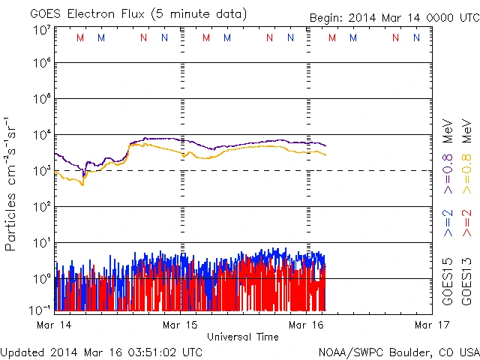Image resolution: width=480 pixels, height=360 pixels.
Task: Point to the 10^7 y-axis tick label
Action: (x=41, y=30)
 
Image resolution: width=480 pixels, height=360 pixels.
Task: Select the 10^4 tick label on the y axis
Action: (x=41, y=135)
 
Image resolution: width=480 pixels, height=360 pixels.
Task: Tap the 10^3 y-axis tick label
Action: (x=41, y=170)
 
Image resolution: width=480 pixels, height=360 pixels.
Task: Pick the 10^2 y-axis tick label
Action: (x=41, y=206)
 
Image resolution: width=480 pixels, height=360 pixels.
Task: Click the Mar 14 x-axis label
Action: (x=55, y=325)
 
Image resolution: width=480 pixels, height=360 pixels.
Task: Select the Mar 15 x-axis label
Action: (x=180, y=325)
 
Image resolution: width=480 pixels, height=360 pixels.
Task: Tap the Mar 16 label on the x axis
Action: (x=307, y=325)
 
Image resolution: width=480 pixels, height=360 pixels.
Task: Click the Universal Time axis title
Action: (x=243, y=337)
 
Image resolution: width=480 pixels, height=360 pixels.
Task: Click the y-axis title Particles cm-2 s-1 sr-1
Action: (x=12, y=184)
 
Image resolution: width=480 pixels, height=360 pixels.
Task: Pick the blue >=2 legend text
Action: (x=448, y=223)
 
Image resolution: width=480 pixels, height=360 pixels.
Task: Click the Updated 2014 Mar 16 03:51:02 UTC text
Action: (x=101, y=351)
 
